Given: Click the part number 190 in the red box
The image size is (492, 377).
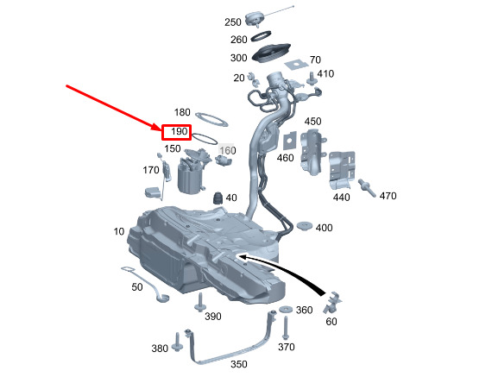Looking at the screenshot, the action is tap(180, 131).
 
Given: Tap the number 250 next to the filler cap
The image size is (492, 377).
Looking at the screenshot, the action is tap(233, 22).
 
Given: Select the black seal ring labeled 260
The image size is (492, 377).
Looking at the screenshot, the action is tap(261, 35).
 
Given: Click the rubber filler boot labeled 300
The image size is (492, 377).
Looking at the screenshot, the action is tap(271, 53).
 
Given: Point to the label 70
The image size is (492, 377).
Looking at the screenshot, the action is tap(315, 60).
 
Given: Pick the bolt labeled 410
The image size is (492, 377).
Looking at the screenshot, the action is tap(312, 79).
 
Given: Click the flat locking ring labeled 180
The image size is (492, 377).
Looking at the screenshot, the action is tap(211, 120).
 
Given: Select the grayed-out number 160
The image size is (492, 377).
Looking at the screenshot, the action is tap(228, 151).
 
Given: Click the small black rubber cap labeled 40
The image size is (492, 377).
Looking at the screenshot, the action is tap(218, 198).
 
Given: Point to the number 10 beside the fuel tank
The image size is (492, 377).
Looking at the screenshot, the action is tap(119, 231).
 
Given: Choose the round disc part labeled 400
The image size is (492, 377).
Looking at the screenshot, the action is tap(305, 226).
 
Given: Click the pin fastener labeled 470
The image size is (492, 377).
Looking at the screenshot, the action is tap(367, 187).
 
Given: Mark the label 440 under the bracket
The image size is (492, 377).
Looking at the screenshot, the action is tap(342, 198).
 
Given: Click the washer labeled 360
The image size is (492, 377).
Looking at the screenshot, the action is tap(286, 309).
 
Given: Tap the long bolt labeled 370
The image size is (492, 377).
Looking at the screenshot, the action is tap(286, 328).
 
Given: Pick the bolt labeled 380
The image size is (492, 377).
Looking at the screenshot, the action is tap(178, 342).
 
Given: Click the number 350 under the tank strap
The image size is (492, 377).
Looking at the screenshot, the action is tap(239, 364).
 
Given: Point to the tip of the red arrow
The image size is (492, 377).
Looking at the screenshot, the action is tap(161, 129).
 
